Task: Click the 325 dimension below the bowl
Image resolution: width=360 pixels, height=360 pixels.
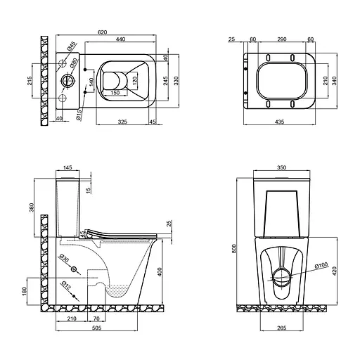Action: (122, 122)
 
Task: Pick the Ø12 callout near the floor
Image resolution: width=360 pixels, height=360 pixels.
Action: (64, 286)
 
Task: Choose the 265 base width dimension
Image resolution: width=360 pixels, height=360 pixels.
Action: (281, 328)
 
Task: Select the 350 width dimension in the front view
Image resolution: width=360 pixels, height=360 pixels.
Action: (281, 169)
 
